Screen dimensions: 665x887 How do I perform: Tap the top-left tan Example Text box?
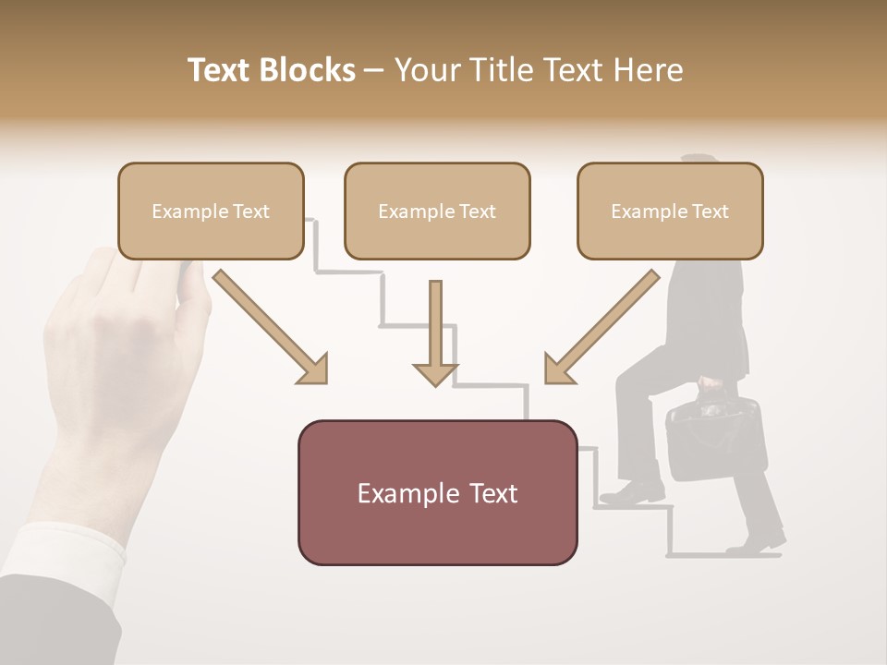tap(211, 211)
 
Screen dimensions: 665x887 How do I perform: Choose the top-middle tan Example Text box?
tap(437, 211)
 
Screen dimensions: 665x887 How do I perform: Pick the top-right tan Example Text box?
tap(670, 211)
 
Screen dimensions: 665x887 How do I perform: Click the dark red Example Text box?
tap(437, 492)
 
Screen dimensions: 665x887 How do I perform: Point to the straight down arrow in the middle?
tap(435, 334)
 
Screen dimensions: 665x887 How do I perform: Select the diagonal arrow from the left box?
tap(271, 327)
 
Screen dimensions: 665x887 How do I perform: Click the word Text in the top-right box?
tap(709, 212)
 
